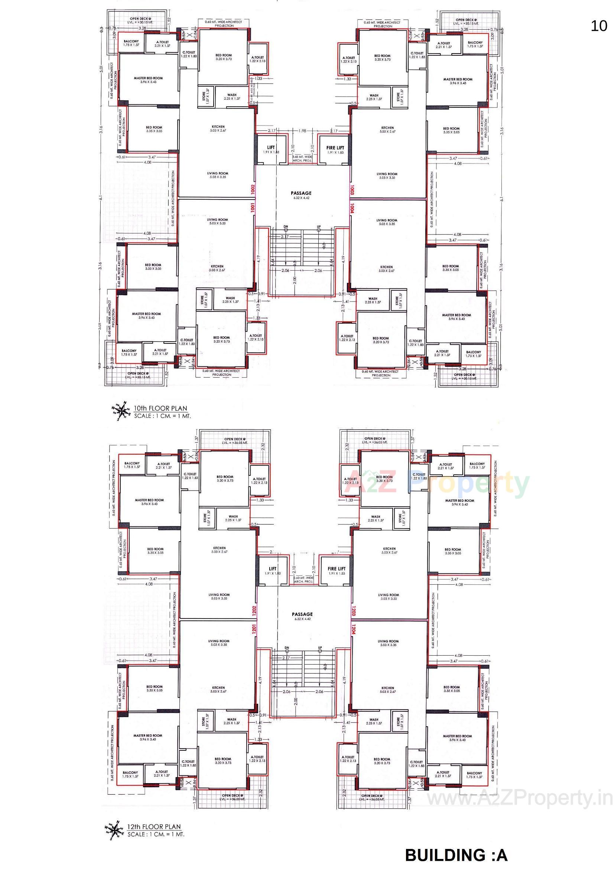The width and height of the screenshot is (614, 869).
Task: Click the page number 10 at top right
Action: coord(598,26)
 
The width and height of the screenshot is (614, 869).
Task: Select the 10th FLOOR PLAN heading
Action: coord(160,408)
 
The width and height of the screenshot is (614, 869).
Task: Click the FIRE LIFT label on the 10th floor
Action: coord(335,148)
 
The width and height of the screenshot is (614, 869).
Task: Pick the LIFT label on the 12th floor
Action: coord(272,568)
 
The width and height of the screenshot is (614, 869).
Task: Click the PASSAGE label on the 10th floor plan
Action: coord(301,193)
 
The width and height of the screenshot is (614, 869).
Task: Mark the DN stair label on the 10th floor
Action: coord(286,227)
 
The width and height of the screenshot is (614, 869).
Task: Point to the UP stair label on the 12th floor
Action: coord(320,647)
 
